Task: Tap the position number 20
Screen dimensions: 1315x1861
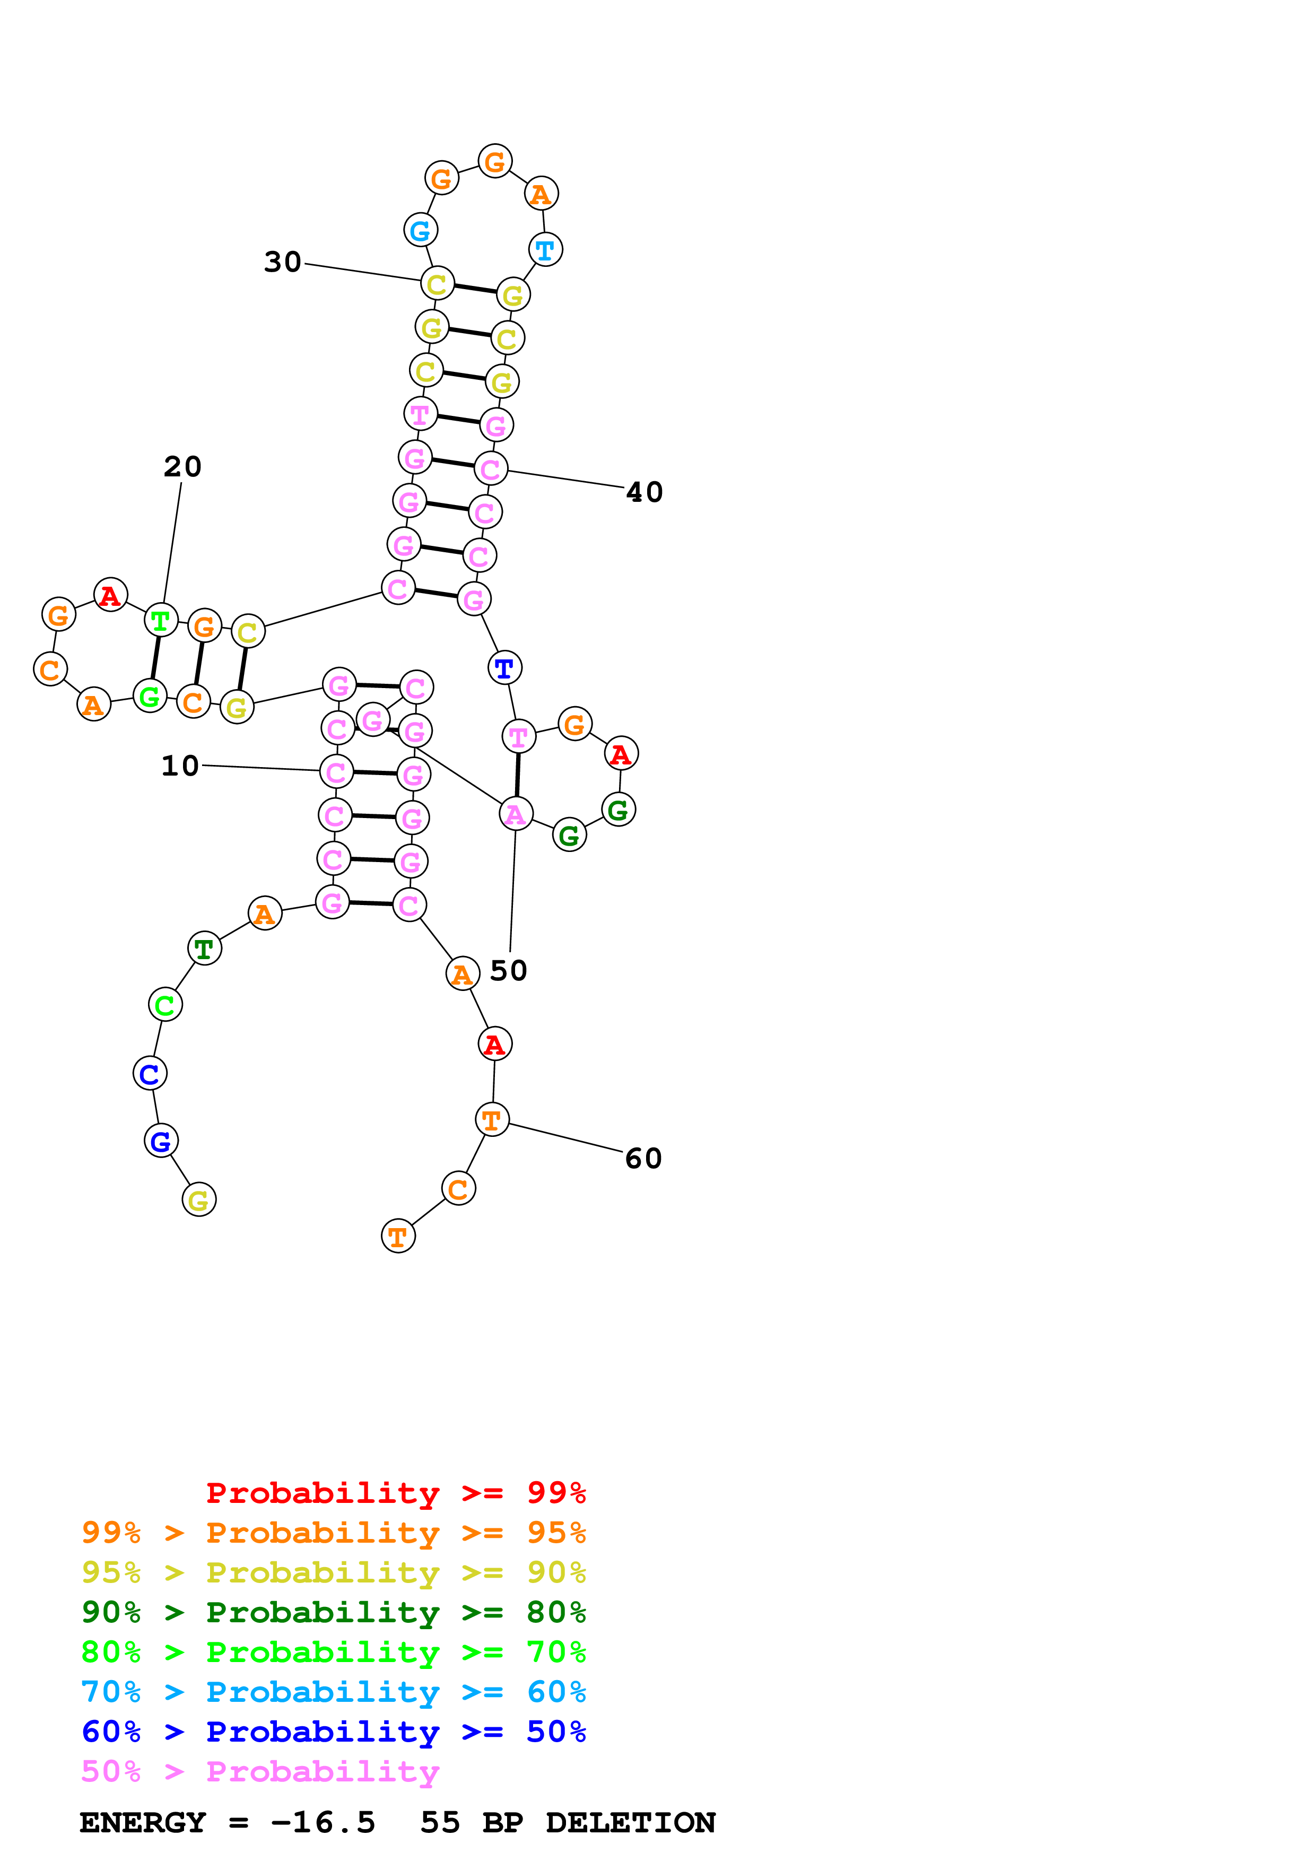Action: coord(182,467)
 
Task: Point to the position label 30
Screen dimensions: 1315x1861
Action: coord(283,262)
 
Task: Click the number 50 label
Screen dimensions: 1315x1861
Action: coord(509,970)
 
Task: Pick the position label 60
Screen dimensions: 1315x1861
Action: coord(644,1158)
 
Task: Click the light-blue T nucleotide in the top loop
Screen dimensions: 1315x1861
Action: coord(545,250)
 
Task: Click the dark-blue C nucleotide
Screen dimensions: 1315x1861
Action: coord(150,1074)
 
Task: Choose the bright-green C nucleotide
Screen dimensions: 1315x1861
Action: coord(166,1005)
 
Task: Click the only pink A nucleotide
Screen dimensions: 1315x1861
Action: coord(515,814)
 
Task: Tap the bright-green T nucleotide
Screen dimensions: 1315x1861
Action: coord(160,621)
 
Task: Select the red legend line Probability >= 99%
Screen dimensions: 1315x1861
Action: coord(395,1493)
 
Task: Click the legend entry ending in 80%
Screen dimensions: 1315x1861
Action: coord(333,1612)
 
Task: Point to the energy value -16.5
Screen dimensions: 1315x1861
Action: coord(323,1822)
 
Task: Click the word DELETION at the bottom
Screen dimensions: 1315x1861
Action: coord(630,1822)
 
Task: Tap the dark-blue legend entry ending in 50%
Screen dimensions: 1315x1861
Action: coord(333,1732)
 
